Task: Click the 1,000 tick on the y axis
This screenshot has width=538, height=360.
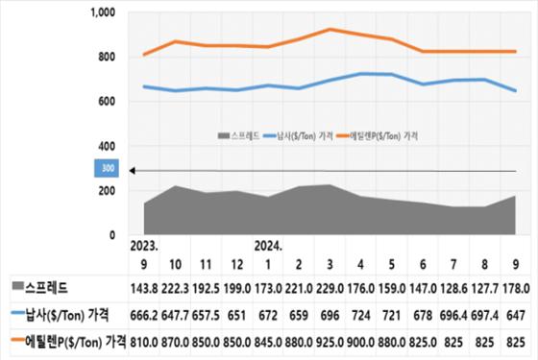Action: tap(101, 12)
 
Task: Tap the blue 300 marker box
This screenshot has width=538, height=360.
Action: tap(106, 169)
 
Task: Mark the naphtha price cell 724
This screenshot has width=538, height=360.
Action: tap(360, 313)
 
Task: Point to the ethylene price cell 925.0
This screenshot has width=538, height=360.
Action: tap(330, 339)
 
